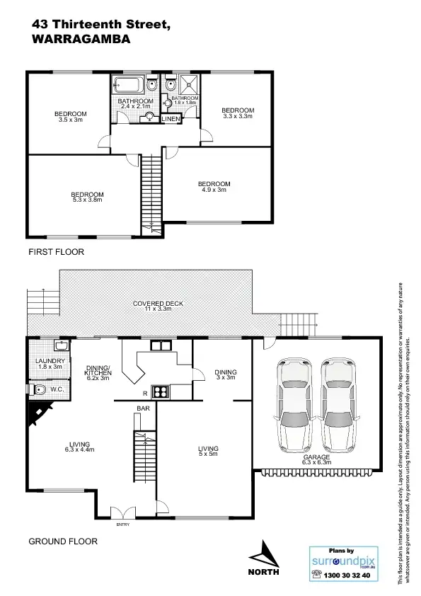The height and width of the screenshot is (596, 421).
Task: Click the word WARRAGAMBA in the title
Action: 81,40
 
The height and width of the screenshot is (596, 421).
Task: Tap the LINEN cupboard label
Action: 171,119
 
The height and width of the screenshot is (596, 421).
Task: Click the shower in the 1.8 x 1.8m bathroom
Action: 188,86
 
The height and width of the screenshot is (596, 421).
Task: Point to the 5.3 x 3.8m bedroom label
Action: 87,197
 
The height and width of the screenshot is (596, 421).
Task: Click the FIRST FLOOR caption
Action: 56,252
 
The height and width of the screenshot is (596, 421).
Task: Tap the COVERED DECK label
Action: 158,306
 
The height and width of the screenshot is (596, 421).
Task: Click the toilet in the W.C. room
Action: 40,389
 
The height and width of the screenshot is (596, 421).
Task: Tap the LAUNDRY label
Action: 50,363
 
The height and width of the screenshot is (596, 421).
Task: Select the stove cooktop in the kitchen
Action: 160,391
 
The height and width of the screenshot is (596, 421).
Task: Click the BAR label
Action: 142,408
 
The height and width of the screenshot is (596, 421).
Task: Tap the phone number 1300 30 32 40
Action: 342,575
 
